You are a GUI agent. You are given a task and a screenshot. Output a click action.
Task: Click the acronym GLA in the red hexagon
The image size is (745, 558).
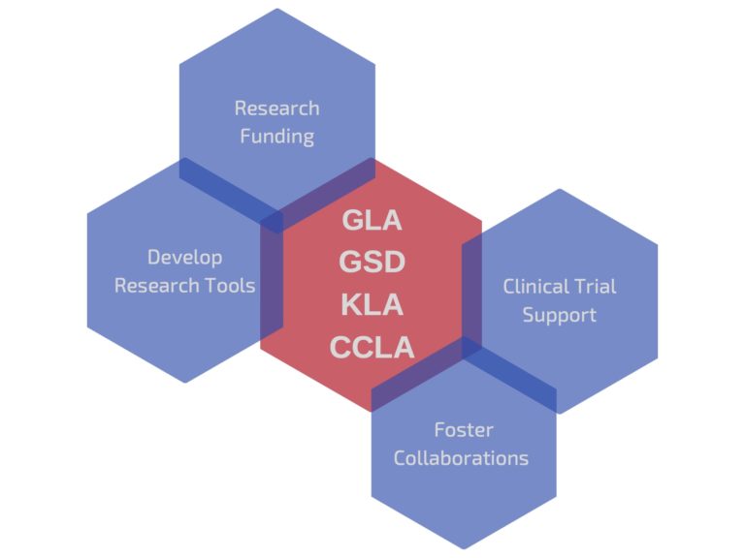(x=372, y=220)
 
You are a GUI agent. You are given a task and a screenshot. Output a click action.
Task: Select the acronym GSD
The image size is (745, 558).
(x=372, y=263)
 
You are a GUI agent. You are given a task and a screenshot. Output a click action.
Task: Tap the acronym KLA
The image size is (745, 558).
(x=372, y=305)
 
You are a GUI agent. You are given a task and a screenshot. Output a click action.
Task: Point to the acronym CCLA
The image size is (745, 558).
(x=372, y=347)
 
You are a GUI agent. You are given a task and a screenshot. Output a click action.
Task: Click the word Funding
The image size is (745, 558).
(x=277, y=136)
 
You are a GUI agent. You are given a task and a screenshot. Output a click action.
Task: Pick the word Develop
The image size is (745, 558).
(x=184, y=257)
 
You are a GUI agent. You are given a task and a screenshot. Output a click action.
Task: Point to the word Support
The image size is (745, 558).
(x=560, y=315)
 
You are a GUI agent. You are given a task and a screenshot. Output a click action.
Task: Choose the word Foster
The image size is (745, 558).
(x=464, y=429)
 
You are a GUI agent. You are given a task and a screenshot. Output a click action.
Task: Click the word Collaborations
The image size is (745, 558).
(x=462, y=457)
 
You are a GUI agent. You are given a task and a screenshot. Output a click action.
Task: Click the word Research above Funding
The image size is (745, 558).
(x=277, y=108)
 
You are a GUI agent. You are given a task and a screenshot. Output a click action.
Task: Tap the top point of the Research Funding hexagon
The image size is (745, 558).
(x=277, y=9)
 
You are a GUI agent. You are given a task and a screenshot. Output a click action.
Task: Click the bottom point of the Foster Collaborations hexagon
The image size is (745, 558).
(x=465, y=549)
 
